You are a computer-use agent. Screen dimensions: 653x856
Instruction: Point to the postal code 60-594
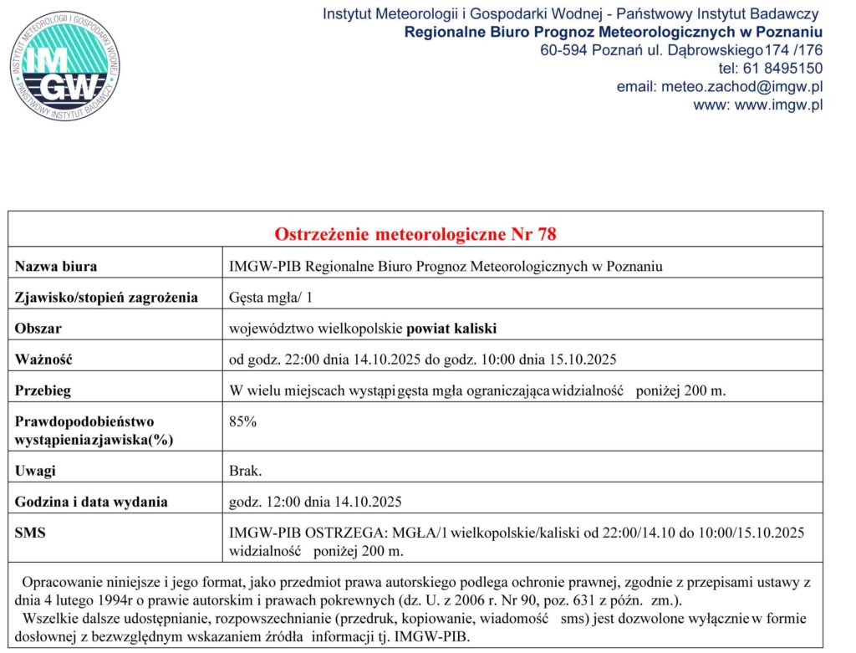(564, 50)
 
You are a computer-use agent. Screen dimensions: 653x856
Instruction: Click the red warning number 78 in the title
(547, 235)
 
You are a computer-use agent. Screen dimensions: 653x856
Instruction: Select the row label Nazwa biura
(56, 267)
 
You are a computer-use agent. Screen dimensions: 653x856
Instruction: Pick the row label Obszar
(38, 329)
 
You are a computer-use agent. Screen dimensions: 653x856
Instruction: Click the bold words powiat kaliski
(451, 329)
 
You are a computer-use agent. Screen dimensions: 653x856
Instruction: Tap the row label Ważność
(44, 360)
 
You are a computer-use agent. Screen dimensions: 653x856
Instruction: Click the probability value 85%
(242, 422)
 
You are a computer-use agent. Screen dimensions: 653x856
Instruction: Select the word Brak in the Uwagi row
(245, 471)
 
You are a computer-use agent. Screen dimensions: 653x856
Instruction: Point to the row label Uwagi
(36, 471)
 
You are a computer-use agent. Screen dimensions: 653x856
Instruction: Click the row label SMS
(31, 533)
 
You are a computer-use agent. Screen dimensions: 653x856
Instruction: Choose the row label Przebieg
(43, 390)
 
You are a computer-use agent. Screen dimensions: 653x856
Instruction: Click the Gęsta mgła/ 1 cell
(271, 298)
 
